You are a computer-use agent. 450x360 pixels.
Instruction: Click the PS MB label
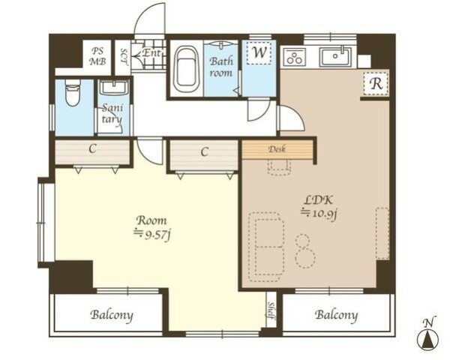(x=97, y=56)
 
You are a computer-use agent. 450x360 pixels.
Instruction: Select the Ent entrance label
(x=151, y=52)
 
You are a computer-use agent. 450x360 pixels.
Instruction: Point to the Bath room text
(x=221, y=67)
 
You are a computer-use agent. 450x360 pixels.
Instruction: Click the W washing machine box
(x=259, y=52)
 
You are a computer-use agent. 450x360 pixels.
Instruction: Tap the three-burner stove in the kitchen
(x=295, y=57)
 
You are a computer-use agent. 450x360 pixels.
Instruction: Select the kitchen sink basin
(x=335, y=57)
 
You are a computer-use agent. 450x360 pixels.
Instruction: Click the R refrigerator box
(x=376, y=83)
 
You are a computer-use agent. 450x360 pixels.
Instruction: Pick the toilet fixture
(x=73, y=92)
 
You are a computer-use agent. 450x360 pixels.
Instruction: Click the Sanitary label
(x=112, y=114)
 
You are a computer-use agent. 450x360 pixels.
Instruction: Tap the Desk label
(x=277, y=149)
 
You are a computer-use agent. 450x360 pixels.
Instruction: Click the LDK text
(x=318, y=200)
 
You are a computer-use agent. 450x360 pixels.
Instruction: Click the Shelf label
(x=271, y=310)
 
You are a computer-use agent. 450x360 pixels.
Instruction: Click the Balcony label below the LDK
(x=336, y=315)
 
